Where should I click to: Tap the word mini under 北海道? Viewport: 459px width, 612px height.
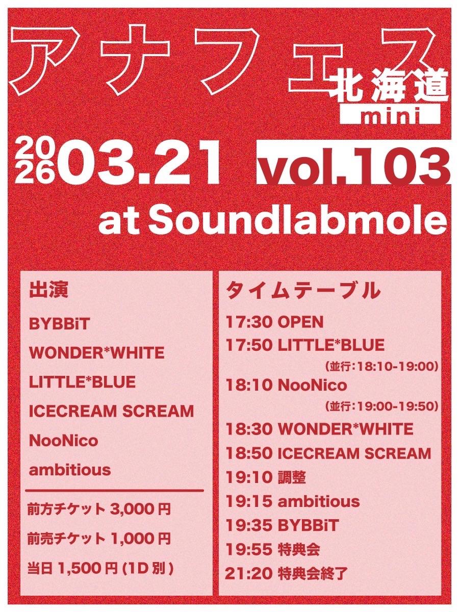tap(390, 115)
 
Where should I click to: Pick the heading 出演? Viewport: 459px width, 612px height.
tap(49, 291)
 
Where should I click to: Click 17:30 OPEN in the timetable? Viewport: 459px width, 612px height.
tap(274, 322)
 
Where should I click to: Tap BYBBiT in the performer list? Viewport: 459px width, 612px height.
tap(59, 324)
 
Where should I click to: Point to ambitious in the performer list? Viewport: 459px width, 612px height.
tap(70, 469)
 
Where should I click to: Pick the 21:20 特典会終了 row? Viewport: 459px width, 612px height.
tap(287, 573)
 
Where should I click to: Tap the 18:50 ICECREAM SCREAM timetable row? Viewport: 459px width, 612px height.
tap(328, 453)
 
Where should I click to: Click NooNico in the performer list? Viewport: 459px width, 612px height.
tap(64, 440)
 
